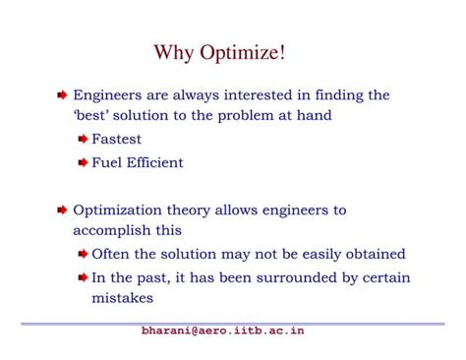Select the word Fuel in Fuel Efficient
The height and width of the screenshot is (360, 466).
click(107, 162)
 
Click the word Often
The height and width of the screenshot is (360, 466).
click(111, 254)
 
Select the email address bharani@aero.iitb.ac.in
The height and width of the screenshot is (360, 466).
click(223, 330)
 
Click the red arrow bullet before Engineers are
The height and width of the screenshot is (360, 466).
click(62, 96)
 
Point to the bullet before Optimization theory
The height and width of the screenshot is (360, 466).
click(62, 210)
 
